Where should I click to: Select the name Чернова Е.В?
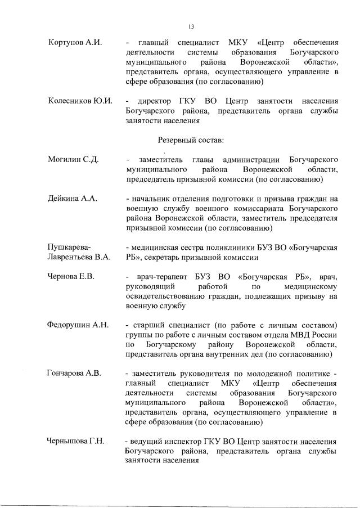pos(71,277)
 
